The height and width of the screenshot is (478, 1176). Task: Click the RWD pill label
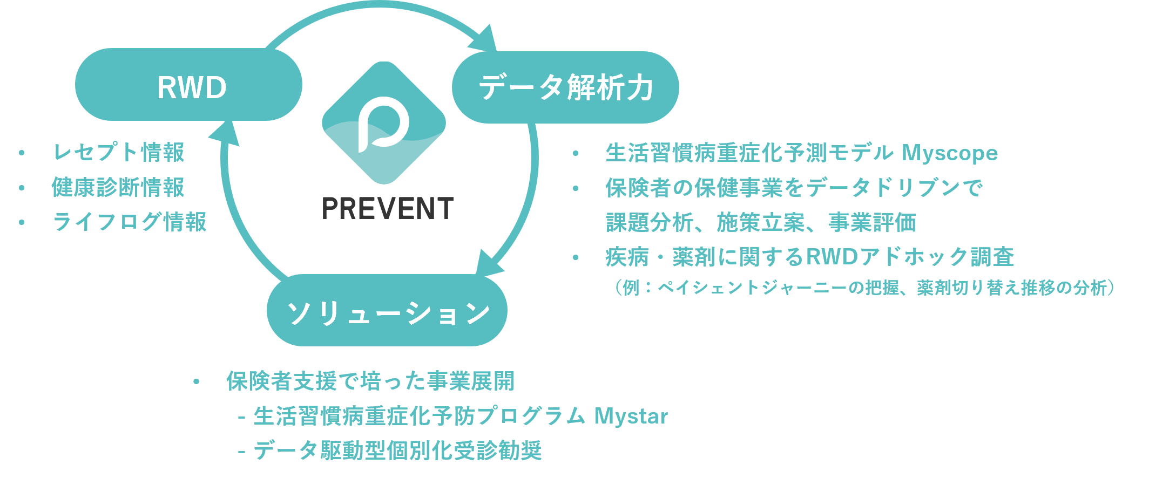191,87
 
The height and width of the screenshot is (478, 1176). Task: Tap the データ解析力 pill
565,87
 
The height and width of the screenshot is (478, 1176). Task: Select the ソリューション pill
387,311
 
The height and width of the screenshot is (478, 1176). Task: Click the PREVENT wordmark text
387,209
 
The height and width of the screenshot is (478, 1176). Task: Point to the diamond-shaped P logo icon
384,123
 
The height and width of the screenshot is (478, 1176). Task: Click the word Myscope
949,153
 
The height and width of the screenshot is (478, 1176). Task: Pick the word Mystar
631,416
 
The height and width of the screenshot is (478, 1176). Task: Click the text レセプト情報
119,152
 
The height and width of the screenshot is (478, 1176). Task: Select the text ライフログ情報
130,222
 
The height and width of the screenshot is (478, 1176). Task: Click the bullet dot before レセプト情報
22,153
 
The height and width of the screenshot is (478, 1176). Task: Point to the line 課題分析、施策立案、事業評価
761,222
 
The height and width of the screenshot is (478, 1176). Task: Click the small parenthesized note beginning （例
864,288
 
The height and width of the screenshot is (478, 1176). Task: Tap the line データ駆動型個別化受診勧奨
397,450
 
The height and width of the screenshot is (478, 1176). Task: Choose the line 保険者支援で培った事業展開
370,381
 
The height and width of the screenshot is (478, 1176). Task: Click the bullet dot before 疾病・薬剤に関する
576,257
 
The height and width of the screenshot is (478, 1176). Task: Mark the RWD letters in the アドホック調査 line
832,257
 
